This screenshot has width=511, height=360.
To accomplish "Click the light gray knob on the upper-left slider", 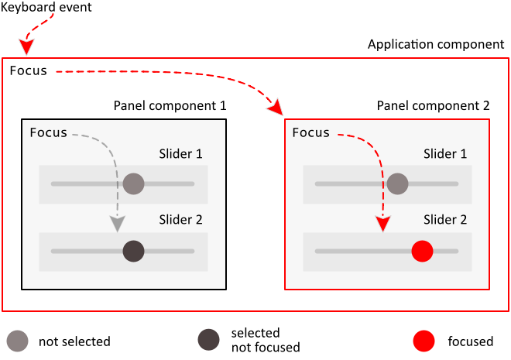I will tap(133, 183).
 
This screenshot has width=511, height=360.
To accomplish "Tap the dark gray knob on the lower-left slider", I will tap(133, 251).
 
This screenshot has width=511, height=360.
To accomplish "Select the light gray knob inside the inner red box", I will tap(397, 183).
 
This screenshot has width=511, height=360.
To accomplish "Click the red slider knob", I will tap(422, 251).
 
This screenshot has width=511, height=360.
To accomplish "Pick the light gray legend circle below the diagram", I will tap(17, 341).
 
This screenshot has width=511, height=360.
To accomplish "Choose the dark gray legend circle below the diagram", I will tap(208, 339).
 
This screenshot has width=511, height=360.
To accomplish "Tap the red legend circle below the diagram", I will tap(424, 341).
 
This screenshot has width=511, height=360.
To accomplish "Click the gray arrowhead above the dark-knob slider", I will tap(117, 225).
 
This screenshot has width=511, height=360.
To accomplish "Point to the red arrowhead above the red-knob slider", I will tap(382, 225).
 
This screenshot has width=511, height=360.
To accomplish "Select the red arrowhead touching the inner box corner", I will tap(276, 109).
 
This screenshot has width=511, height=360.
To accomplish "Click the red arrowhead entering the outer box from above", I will tap(26, 47).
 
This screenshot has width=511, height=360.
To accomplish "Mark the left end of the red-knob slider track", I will tap(317, 251).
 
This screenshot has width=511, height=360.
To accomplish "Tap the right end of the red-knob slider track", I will tap(457, 251).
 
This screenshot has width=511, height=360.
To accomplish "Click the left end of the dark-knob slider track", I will tap(53, 251).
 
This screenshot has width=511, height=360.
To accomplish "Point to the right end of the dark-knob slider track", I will tap(193, 251).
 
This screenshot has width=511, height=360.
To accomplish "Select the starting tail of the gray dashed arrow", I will tap(73, 135).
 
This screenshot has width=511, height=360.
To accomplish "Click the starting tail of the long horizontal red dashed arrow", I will tap(57, 71).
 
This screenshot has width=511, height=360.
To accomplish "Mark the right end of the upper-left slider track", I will tap(193, 183).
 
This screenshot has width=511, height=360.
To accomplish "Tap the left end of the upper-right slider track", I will tap(317, 183).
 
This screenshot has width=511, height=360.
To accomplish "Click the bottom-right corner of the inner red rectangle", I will tap(489, 290).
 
